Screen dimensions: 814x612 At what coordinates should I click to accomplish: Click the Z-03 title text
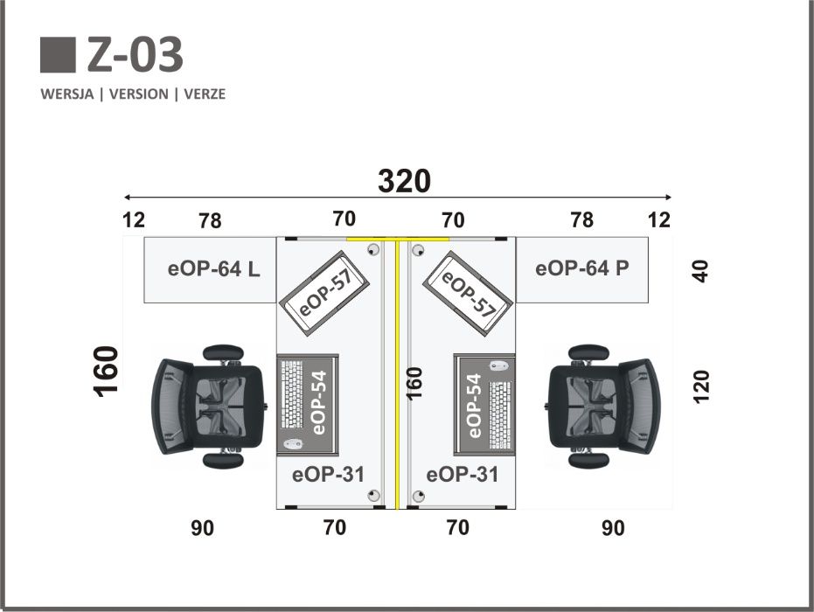(135, 54)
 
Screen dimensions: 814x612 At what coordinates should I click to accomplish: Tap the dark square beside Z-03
(58, 54)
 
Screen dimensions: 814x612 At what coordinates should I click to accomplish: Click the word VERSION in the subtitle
(139, 94)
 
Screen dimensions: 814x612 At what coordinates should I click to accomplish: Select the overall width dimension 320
(405, 181)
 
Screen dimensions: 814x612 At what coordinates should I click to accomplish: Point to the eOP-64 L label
(214, 269)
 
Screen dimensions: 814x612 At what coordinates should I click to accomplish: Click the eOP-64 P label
(582, 268)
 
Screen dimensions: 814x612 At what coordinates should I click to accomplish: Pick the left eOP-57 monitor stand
(324, 293)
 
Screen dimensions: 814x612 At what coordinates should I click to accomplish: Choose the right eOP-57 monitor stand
(469, 293)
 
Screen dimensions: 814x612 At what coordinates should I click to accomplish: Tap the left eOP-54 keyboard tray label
(319, 403)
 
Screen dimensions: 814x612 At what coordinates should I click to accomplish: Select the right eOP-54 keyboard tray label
(475, 406)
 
